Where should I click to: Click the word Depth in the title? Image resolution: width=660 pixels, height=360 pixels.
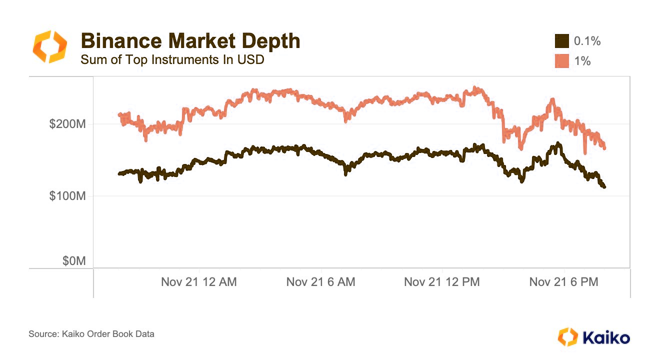click(272, 40)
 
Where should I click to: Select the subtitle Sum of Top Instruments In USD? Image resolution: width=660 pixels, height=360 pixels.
click(172, 60)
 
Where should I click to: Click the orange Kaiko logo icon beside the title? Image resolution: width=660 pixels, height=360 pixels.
click(49, 46)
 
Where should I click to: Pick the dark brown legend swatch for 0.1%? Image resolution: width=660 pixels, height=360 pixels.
click(562, 41)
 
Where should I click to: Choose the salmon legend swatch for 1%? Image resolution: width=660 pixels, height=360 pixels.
click(562, 61)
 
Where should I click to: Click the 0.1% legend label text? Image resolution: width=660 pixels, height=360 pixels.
click(587, 41)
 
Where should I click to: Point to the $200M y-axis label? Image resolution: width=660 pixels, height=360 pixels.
click(67, 124)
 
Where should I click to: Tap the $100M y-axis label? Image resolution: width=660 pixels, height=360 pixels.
click(67, 196)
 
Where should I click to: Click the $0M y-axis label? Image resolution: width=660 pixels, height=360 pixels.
click(73, 261)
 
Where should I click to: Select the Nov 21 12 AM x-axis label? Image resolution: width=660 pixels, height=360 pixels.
click(199, 282)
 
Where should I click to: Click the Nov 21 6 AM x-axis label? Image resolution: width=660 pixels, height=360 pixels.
click(320, 282)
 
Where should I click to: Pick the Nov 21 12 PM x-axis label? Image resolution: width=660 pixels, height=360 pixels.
click(441, 282)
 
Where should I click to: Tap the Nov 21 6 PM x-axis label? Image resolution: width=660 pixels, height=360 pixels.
click(563, 282)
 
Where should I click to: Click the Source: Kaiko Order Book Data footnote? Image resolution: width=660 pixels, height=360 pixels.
click(91, 334)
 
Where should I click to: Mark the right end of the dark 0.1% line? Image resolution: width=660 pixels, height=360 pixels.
click(604, 187)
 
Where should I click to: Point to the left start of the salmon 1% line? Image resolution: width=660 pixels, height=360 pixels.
click(119, 114)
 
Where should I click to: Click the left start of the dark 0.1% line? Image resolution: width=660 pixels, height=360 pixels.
click(119, 173)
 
